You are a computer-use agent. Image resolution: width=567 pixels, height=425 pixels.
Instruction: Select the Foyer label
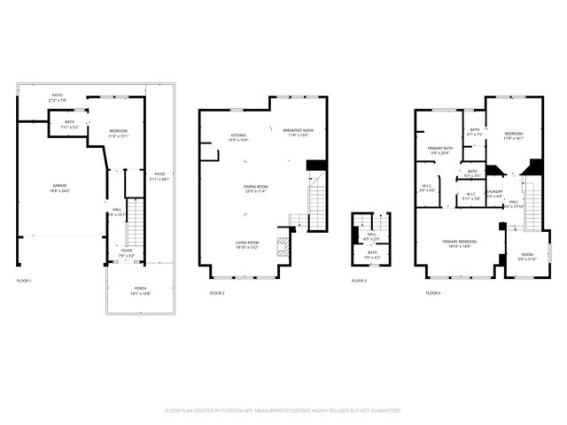[x=128, y=252]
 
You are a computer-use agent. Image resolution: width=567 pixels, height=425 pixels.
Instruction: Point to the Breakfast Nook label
[x=297, y=133]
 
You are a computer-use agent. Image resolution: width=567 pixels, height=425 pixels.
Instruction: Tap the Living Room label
[x=247, y=245]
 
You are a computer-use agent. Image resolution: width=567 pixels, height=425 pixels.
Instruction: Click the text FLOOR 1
[x=24, y=281]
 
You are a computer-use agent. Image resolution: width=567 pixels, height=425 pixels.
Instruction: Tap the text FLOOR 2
[x=217, y=293]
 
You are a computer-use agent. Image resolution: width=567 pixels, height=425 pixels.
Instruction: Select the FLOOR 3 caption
[x=358, y=281]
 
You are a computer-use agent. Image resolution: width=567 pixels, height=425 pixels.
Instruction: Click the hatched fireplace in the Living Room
[x=283, y=246]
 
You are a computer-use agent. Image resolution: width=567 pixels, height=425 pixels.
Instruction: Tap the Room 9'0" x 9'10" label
[x=527, y=258]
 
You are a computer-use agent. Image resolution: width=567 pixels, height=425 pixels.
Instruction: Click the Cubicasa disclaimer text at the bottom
[x=283, y=411]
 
